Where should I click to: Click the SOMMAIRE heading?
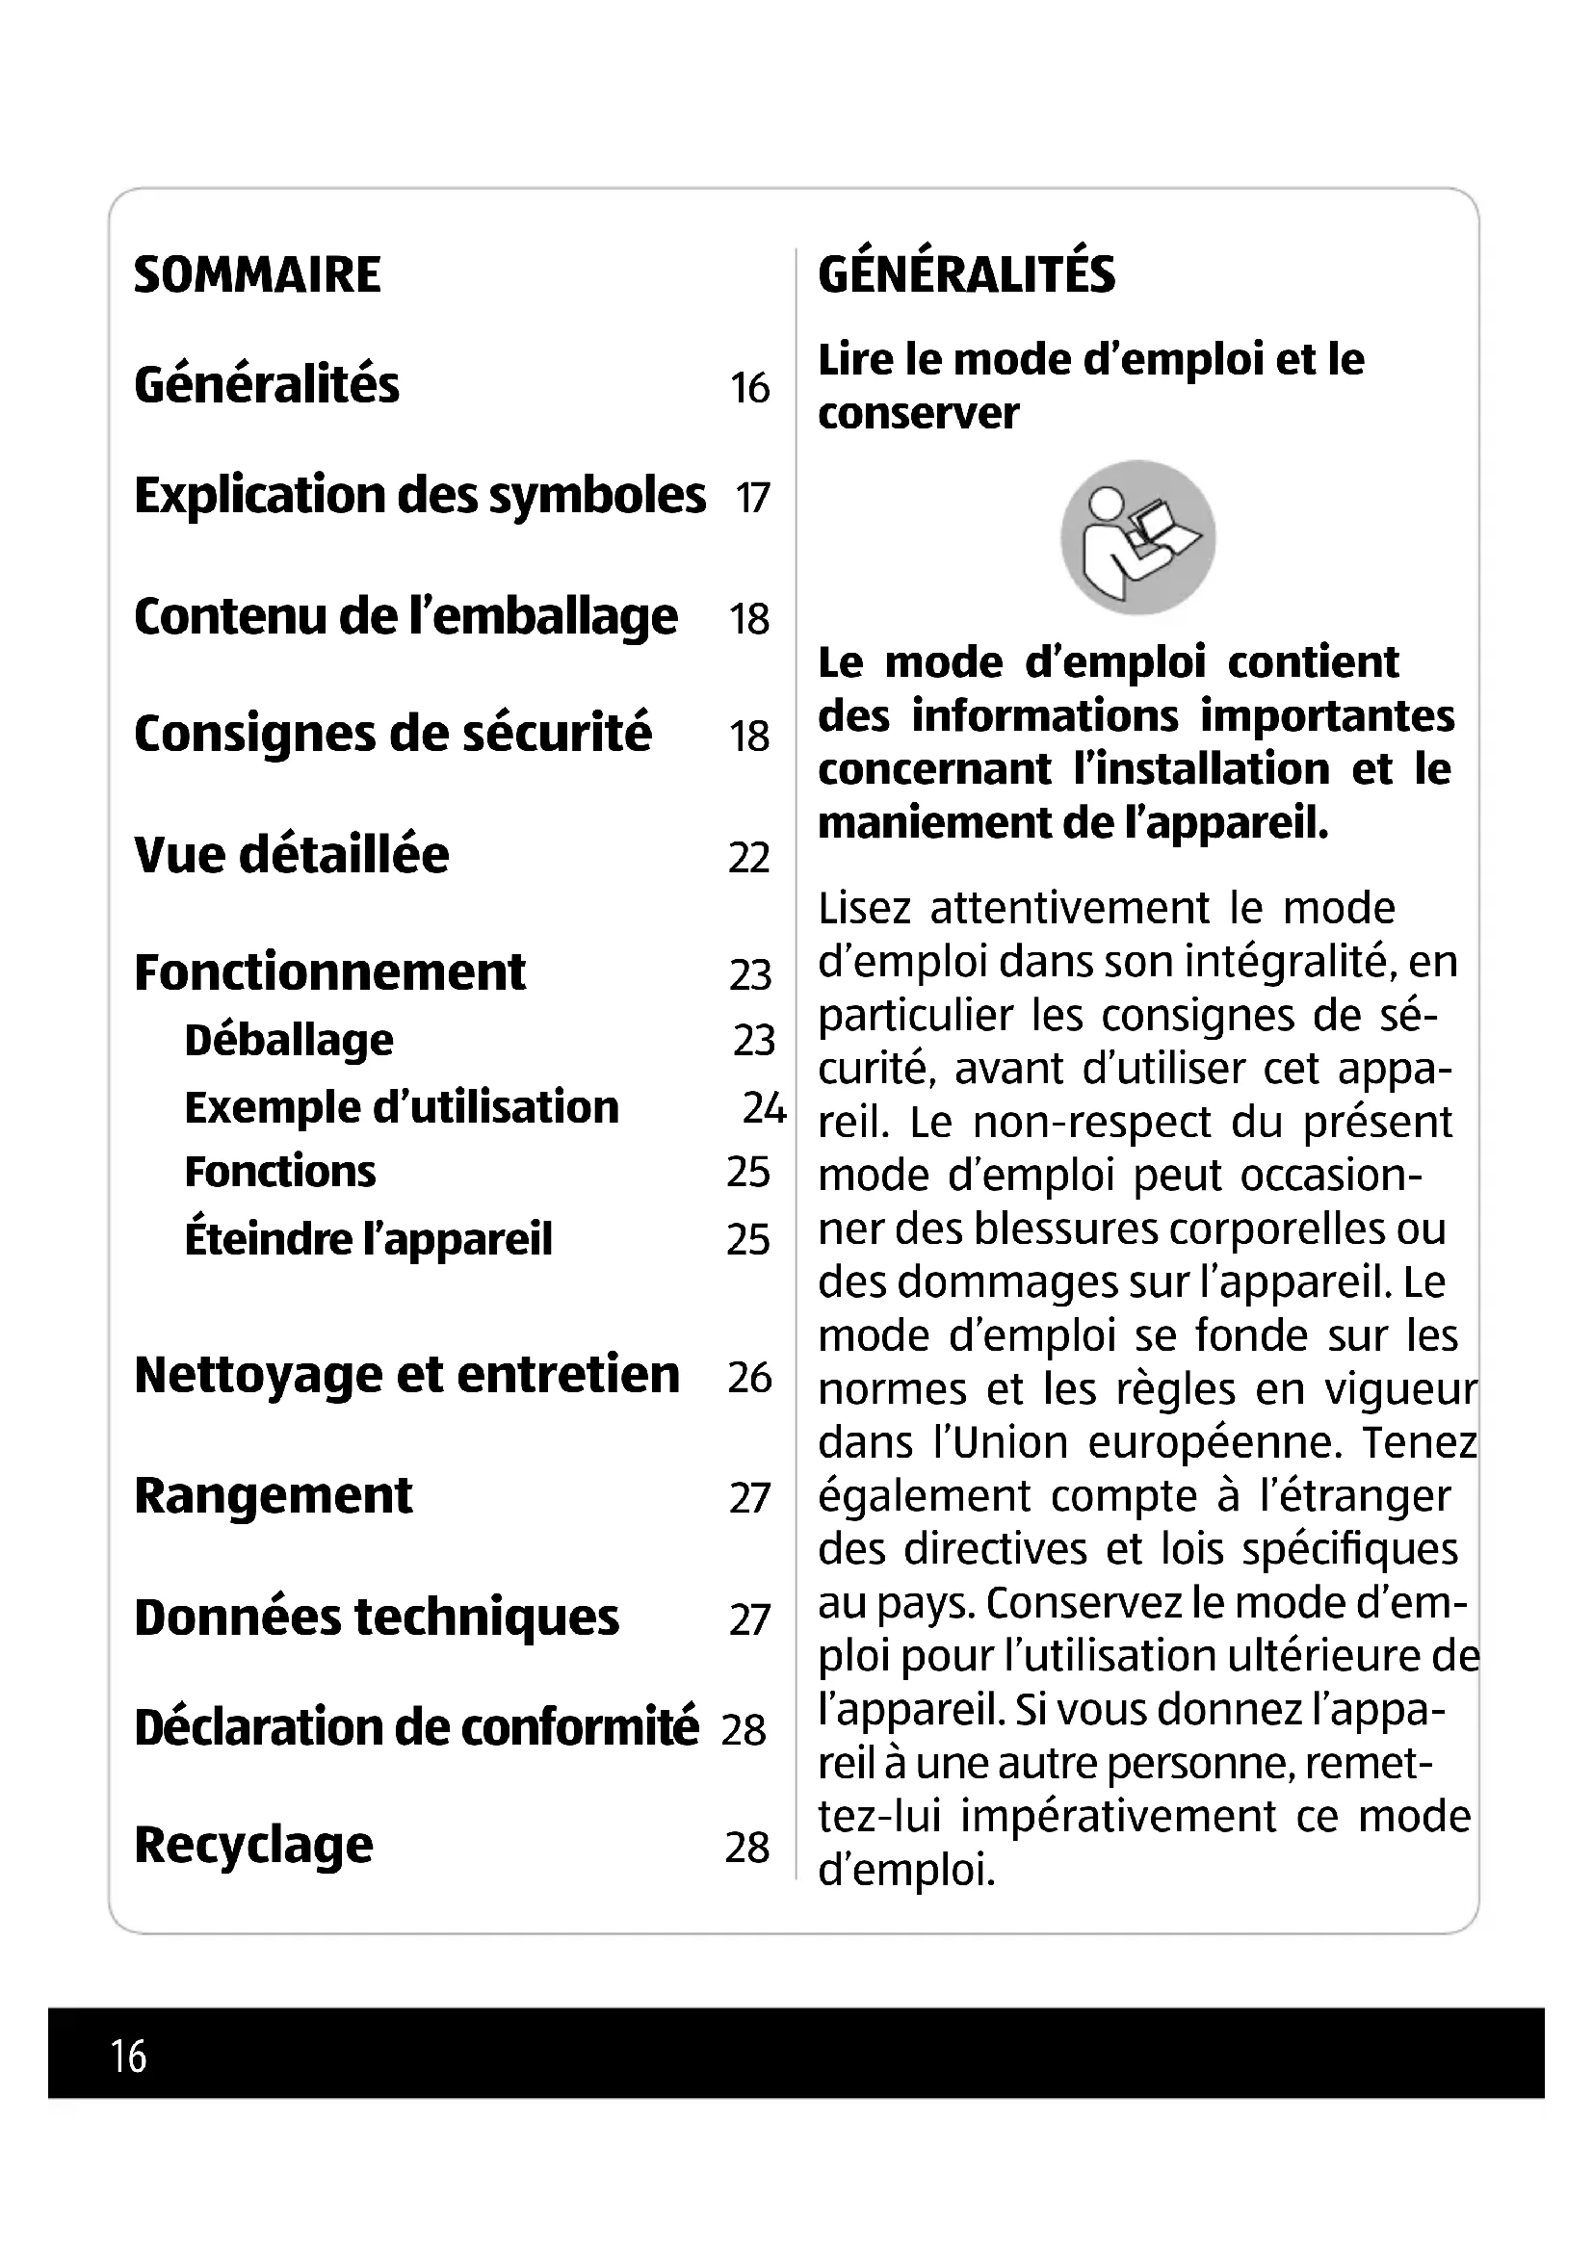coord(257,274)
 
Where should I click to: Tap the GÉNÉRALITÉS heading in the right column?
coord(966,274)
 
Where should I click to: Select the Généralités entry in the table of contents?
coord(267,384)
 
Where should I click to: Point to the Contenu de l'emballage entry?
coord(405,617)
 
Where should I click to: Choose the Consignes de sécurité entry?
coord(392,734)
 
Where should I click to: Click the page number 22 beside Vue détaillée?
coord(748,858)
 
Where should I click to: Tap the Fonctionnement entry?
coord(329,973)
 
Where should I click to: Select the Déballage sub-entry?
coord(288,1040)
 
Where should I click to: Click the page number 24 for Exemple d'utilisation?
coord(764,1108)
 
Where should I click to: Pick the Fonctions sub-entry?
coord(279,1172)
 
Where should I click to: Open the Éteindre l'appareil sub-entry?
coord(368,1240)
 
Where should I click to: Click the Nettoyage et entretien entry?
coord(406,1375)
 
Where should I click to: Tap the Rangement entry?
coord(273,1497)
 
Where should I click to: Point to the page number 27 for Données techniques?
coord(749,1619)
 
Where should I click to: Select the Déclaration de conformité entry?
coord(416,1728)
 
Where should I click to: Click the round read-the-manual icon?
coord(1137,537)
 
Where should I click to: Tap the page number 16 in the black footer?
coord(128,2056)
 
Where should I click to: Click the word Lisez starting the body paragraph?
coord(863,908)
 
